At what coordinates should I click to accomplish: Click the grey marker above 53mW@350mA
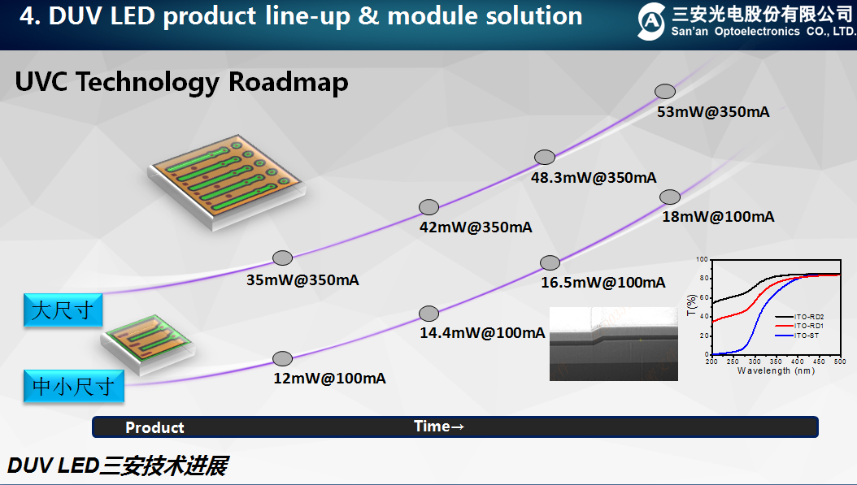click(666, 92)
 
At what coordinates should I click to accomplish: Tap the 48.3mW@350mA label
click(594, 177)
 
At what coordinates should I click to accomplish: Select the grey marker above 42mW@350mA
click(428, 207)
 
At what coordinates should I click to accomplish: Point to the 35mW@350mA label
click(302, 280)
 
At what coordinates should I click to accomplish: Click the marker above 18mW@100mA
click(670, 197)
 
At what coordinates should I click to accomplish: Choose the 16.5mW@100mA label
click(603, 283)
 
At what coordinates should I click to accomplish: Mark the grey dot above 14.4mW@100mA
click(428, 314)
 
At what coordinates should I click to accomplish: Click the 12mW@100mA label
click(329, 379)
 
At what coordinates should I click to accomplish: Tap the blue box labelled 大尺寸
click(63, 310)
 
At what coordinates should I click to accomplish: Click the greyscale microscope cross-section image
click(614, 343)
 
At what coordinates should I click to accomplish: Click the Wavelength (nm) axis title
click(775, 370)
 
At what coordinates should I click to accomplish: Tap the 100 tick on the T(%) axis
click(703, 259)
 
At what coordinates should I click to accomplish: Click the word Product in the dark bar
click(154, 427)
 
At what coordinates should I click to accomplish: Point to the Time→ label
click(439, 427)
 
